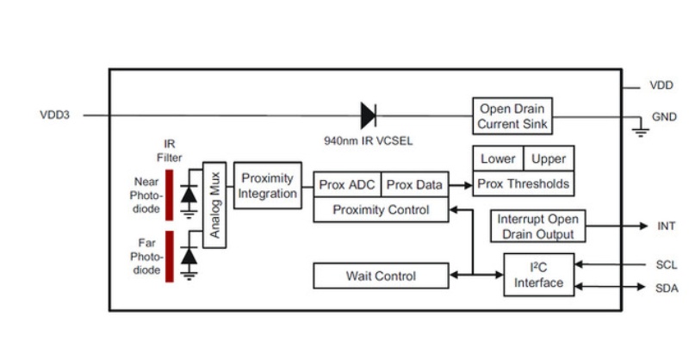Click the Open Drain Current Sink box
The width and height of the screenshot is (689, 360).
513,115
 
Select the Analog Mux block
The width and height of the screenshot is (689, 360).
214,205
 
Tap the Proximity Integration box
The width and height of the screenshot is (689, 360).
268,185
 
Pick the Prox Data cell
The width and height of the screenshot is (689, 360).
414,184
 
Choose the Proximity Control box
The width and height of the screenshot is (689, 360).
381,209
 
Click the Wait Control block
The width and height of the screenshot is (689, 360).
381,276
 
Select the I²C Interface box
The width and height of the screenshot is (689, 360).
539,276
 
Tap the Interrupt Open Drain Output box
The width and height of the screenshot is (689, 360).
535,227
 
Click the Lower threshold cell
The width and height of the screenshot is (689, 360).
498,159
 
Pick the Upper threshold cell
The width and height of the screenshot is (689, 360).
549,159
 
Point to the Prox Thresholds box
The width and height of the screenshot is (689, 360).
524,183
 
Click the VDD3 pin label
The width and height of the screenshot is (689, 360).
54,115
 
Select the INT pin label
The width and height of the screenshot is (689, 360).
666,227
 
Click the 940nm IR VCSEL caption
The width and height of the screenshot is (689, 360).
367,139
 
